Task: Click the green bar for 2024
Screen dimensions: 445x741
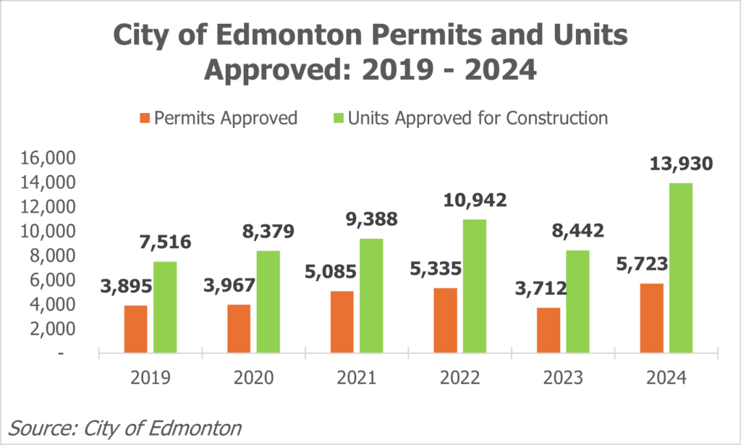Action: [x=681, y=268]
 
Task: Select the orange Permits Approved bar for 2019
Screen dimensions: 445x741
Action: [x=135, y=329]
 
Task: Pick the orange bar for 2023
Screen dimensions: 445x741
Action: [x=549, y=331]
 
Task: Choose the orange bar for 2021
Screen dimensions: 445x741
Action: [x=342, y=322]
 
